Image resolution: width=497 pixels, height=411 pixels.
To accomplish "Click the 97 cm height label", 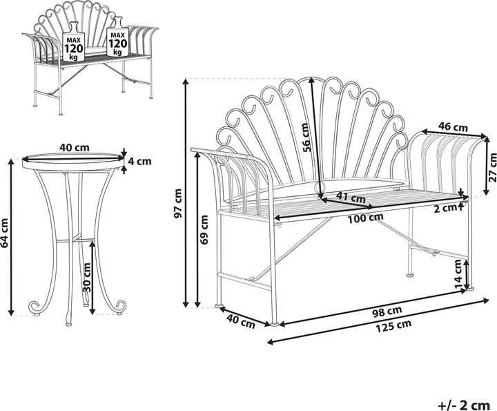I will point(179,204).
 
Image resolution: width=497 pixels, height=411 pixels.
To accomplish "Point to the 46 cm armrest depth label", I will point(454,127).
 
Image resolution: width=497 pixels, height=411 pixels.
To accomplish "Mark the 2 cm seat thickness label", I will point(449,207).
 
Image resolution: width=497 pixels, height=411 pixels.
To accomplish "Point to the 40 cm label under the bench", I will point(239,321).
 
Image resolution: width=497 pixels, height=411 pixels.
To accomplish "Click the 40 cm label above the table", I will point(75,147).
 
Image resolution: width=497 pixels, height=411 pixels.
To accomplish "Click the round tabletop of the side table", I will point(69,159).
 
